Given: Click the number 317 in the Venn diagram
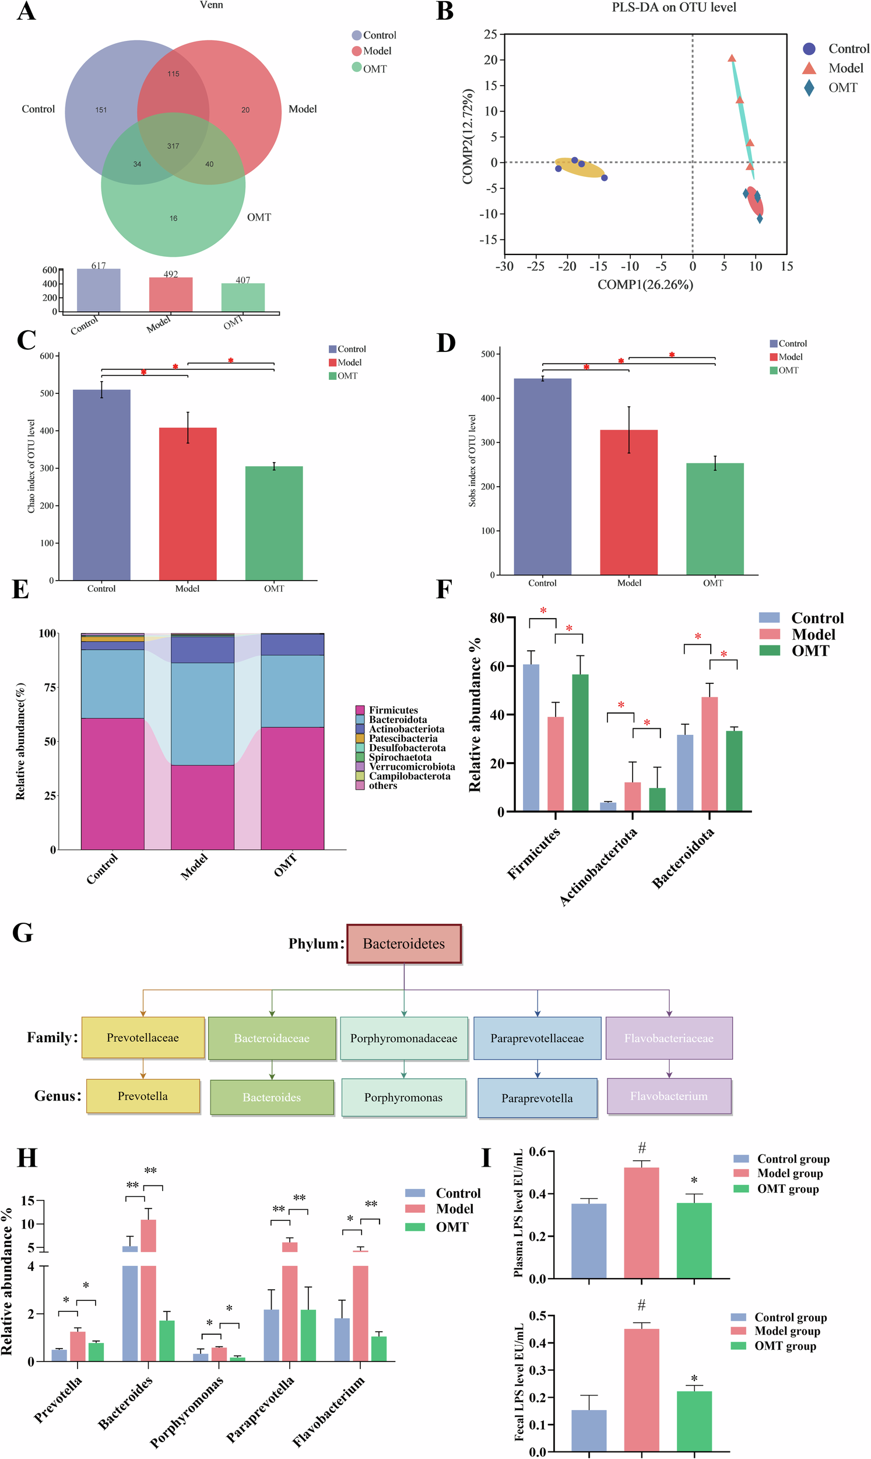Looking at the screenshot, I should tap(173, 146).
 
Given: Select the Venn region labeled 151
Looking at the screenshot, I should tap(101, 110).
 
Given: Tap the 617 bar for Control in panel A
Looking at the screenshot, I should tap(99, 290).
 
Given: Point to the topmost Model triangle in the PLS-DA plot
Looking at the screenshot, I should tap(732, 59).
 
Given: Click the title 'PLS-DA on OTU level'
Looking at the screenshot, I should tap(674, 8).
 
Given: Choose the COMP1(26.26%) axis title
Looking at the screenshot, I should tap(645, 285).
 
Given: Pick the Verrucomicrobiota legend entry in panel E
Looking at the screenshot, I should tap(412, 766).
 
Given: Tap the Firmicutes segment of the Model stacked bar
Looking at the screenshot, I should tap(202, 807).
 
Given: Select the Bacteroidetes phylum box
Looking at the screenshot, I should tap(404, 943).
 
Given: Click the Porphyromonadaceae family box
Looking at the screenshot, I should tap(404, 1038).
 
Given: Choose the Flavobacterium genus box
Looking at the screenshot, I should tap(669, 1096).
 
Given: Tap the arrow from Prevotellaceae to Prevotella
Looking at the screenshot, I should tap(143, 1069).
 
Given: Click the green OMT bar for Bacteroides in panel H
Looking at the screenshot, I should tap(167, 1341).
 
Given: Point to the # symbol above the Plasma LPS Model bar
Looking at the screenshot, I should tap(642, 1148).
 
